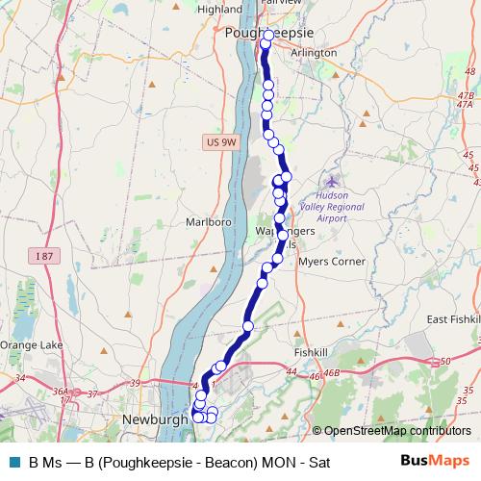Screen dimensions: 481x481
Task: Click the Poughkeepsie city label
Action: pos(263,33)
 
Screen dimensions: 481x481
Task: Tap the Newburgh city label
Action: pos(154,419)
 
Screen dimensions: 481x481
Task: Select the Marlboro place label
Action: pos(209,221)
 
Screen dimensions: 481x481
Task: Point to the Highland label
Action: pos(219,9)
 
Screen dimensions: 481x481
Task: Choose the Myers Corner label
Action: pos(333,261)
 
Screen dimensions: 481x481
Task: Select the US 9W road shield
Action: pos(220,142)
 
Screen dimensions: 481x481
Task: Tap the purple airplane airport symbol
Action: pos(333,181)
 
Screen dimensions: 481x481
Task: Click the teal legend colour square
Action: pos(13,463)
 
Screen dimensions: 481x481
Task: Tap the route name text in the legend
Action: pos(180,463)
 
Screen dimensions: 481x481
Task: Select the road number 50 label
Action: pos(444,361)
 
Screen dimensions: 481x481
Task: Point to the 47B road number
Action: pos(466,96)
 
